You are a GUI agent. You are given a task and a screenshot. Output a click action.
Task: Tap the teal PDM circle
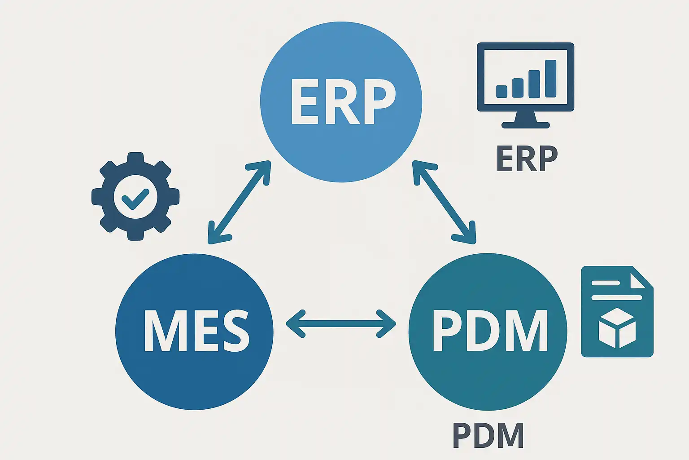click(x=488, y=377)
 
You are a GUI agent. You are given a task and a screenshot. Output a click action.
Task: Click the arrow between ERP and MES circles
click(x=239, y=203)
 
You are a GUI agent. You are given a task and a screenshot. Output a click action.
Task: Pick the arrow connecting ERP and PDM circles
click(x=444, y=203)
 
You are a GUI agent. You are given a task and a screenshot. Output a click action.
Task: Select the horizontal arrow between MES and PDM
click(x=341, y=323)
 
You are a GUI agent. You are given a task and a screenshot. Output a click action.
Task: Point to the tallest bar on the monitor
click(x=550, y=79)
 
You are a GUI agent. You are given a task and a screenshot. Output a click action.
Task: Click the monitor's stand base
click(x=525, y=125)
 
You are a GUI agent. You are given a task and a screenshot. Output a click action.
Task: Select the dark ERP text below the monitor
click(x=527, y=159)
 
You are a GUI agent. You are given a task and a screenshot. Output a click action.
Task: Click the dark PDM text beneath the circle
click(x=488, y=435)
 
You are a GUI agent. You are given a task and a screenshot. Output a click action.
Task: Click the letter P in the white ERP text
click(x=376, y=102)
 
